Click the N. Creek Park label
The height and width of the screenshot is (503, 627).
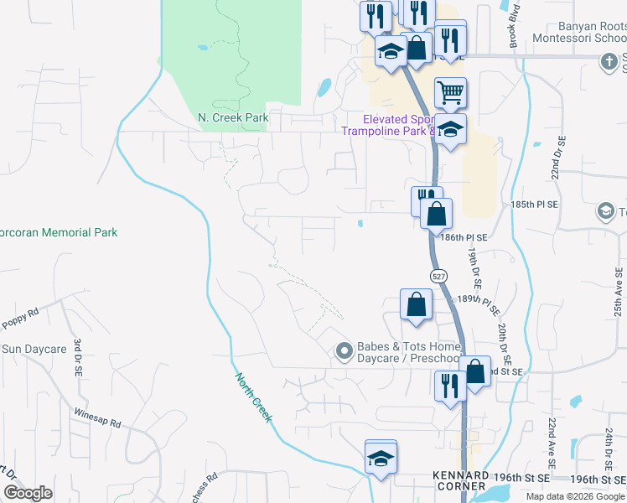(x=234, y=117)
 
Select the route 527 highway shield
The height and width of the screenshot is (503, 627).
(x=438, y=276)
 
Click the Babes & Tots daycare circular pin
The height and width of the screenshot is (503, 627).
(x=343, y=352)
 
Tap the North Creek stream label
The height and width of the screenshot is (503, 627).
(x=252, y=397)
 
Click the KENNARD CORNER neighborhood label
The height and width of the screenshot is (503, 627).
(x=459, y=480)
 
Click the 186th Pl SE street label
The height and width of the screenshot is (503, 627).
(x=464, y=238)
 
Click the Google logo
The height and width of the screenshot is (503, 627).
(x=28, y=493)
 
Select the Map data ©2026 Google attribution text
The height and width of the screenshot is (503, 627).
(x=575, y=496)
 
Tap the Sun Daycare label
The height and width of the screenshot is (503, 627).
(x=34, y=349)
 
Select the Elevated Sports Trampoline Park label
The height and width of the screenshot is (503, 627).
(x=398, y=125)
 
